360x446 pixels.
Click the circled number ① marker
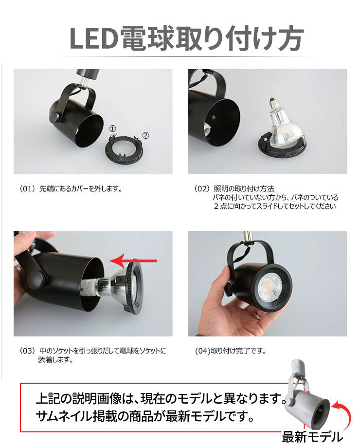(112, 129)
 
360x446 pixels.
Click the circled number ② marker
(145, 135)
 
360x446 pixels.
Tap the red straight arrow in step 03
(133, 261)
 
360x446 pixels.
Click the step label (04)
(202, 351)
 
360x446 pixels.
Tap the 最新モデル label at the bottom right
(312, 437)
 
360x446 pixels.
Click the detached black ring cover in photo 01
(124, 149)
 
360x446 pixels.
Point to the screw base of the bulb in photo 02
(272, 104)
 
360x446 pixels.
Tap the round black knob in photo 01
(55, 117)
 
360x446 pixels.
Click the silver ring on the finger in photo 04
(258, 315)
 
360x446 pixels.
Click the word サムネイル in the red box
(64, 416)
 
